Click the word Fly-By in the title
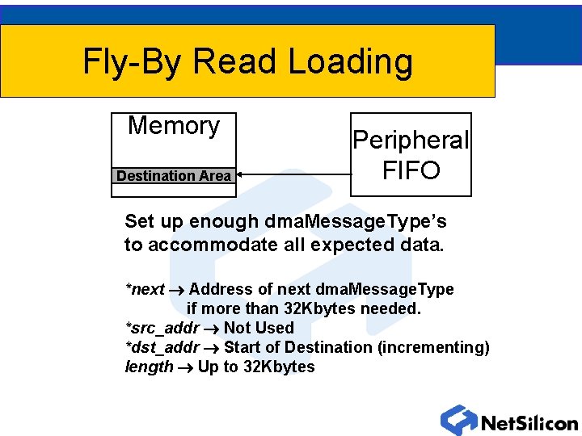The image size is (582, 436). click(x=132, y=62)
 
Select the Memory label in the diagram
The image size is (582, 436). click(x=174, y=126)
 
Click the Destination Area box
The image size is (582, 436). click(x=174, y=176)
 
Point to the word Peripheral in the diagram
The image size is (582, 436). click(x=411, y=140)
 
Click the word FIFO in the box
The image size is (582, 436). click(x=411, y=170)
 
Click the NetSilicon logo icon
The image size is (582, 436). click(x=459, y=420)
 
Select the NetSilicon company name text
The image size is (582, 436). click(x=529, y=423)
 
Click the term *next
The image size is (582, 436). click(x=145, y=289)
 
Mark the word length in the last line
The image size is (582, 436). click(x=149, y=367)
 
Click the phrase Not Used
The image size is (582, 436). click(x=259, y=328)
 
